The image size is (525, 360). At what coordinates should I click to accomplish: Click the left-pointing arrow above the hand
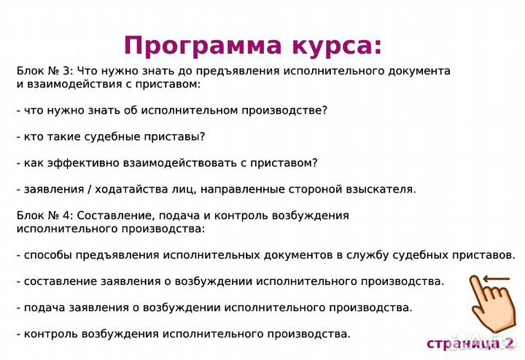coord(495,278)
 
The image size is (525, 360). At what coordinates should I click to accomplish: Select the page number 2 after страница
coord(509,343)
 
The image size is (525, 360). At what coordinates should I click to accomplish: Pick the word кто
coord(34,136)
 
